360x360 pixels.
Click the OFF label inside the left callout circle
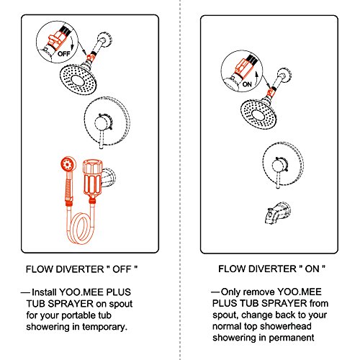coord(64,53)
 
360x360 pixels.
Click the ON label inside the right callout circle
coord(247,84)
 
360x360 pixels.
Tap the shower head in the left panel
coord(78,79)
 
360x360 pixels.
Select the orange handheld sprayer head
coord(68,164)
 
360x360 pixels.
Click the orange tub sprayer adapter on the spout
coord(92,178)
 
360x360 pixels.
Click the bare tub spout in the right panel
coord(277,213)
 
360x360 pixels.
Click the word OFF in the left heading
coord(122,269)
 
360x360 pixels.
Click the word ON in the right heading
coord(312,269)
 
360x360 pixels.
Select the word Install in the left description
coord(44,292)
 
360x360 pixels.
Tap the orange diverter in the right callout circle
coord(244,68)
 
